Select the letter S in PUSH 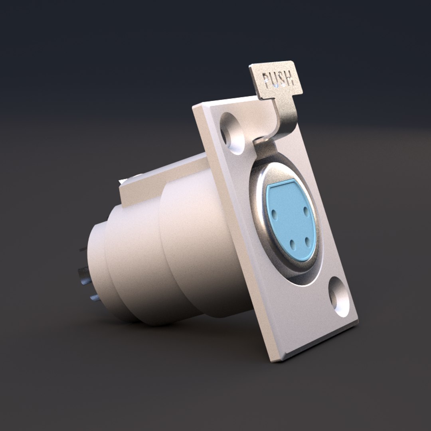click(x=282, y=79)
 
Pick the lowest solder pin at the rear click(x=95, y=298)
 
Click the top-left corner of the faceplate click(x=195, y=107)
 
